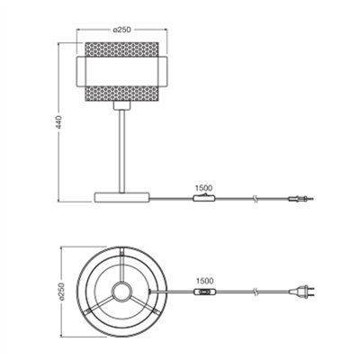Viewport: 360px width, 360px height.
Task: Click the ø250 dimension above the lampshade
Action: click(122, 29)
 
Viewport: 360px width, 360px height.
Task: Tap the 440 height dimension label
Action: click(59, 122)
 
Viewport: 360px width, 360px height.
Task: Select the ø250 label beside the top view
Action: click(61, 291)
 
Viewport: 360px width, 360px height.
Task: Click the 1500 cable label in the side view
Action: click(203, 188)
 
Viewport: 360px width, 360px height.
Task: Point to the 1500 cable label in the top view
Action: click(205, 281)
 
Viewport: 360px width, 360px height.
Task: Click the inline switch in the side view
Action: click(204, 198)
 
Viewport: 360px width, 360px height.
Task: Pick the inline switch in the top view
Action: click(205, 291)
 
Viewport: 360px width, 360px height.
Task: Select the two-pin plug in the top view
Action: click(301, 291)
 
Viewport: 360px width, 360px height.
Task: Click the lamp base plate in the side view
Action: click(121, 197)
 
